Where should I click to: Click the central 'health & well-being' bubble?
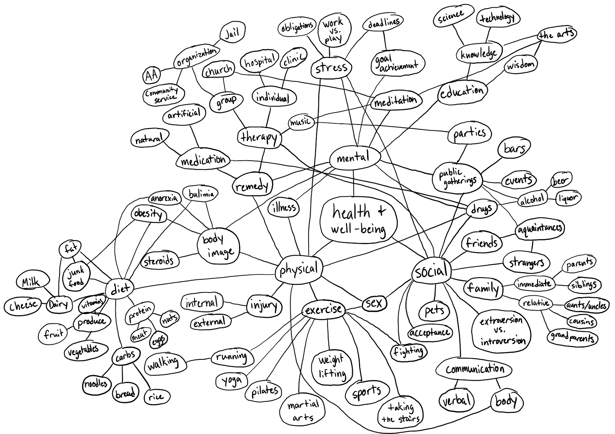pyautogui.click(x=358, y=220)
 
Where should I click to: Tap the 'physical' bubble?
pyautogui.click(x=299, y=269)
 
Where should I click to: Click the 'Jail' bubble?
pyautogui.click(x=232, y=33)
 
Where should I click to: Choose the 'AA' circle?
pyautogui.click(x=151, y=75)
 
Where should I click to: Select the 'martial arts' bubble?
pyautogui.click(x=303, y=411)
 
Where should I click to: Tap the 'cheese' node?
pyautogui.click(x=23, y=306)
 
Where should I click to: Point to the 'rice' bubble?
pyautogui.click(x=156, y=396)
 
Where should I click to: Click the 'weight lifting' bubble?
pyautogui.click(x=331, y=367)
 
